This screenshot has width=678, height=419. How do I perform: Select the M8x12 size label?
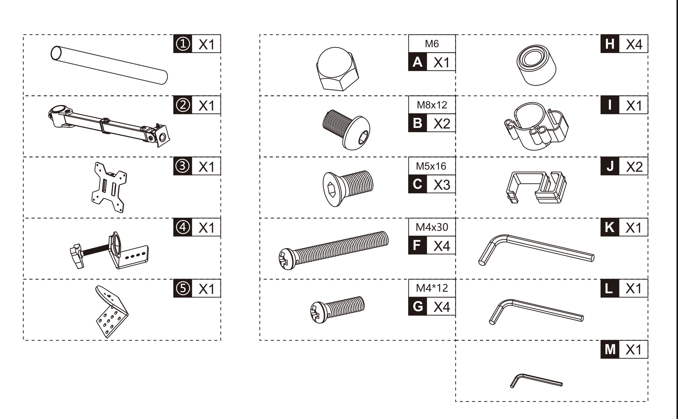click(x=432, y=105)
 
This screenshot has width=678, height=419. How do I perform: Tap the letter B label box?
click(x=418, y=123)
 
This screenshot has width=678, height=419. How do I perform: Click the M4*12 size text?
click(x=432, y=288)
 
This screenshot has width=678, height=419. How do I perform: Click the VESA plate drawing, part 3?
click(x=109, y=187)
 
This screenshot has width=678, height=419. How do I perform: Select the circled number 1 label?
click(x=183, y=44)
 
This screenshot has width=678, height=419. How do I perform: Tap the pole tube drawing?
click(x=109, y=65)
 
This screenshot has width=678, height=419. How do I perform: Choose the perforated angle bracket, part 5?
click(x=111, y=311)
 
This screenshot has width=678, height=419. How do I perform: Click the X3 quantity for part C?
click(x=441, y=185)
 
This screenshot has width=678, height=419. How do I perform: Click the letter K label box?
click(x=610, y=227)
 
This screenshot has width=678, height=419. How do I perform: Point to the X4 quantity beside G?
click(x=441, y=307)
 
